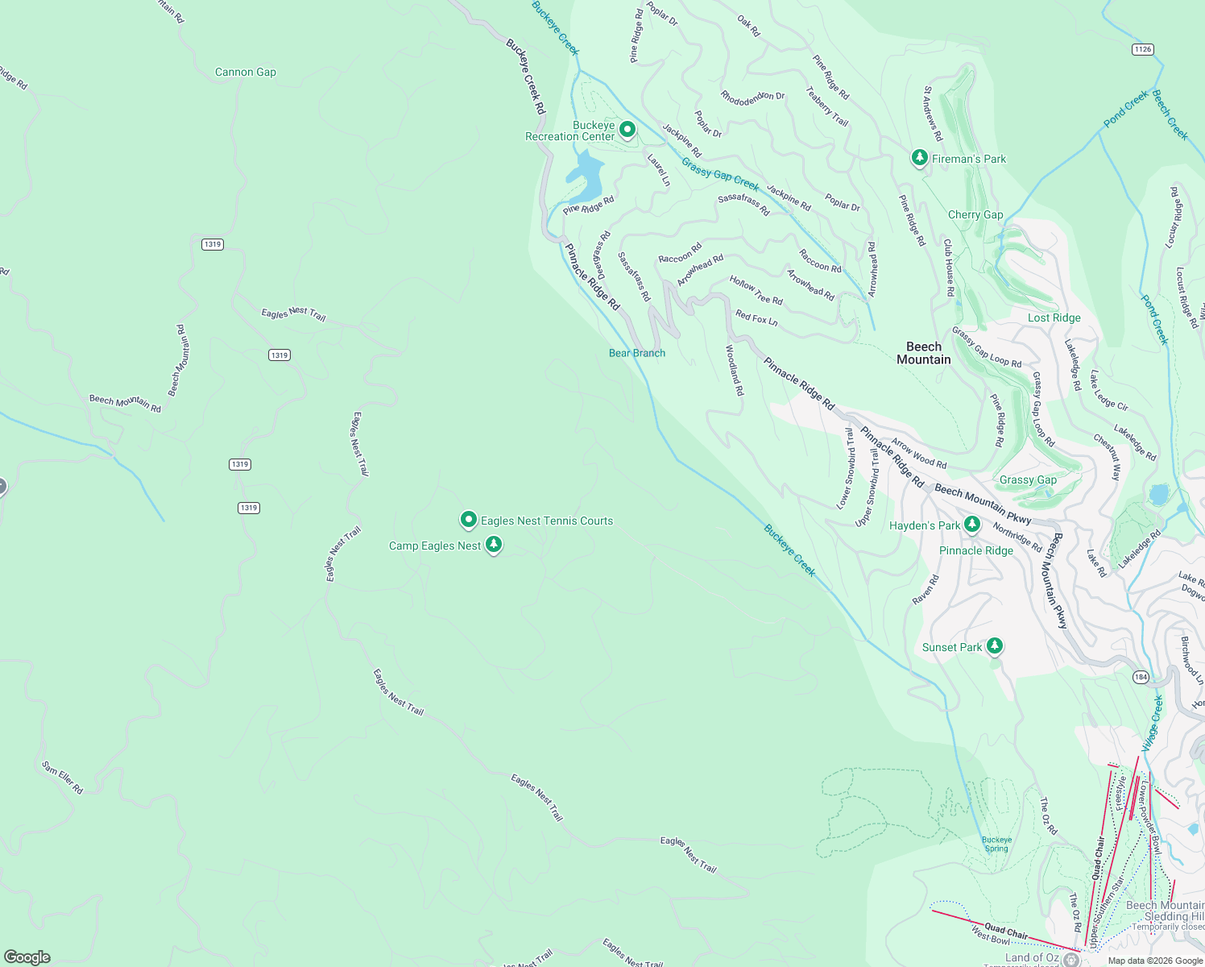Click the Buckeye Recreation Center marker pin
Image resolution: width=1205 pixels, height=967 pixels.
click(x=627, y=129)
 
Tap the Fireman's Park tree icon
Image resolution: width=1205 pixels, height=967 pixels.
click(x=919, y=157)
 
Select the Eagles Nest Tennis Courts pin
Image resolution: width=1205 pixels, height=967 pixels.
click(x=468, y=520)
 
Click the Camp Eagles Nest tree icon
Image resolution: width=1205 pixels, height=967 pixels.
click(x=494, y=545)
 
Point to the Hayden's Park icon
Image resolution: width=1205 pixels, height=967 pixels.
click(x=972, y=525)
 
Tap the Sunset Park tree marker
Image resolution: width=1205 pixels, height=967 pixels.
click(x=995, y=645)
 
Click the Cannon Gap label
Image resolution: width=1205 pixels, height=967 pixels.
click(x=246, y=72)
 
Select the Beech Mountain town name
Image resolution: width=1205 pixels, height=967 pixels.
click(x=924, y=353)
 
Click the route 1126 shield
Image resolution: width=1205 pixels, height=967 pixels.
click(x=1142, y=49)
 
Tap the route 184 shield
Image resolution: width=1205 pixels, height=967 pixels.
click(x=1141, y=677)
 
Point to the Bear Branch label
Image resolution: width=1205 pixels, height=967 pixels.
click(x=637, y=353)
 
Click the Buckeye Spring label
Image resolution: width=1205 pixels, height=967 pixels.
click(x=996, y=844)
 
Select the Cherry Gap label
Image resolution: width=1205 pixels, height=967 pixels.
click(x=975, y=214)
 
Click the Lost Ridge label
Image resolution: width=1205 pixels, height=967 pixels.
click(x=1054, y=317)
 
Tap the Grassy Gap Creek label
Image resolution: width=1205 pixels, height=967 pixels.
click(x=720, y=173)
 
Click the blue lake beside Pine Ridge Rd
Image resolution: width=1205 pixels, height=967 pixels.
click(x=586, y=176)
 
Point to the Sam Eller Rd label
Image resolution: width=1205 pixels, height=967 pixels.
click(x=62, y=778)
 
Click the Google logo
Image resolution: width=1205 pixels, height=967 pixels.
click(x=27, y=957)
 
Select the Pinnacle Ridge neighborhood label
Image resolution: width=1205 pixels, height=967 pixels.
click(x=976, y=550)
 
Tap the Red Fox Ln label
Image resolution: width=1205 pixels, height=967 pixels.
click(x=756, y=318)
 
